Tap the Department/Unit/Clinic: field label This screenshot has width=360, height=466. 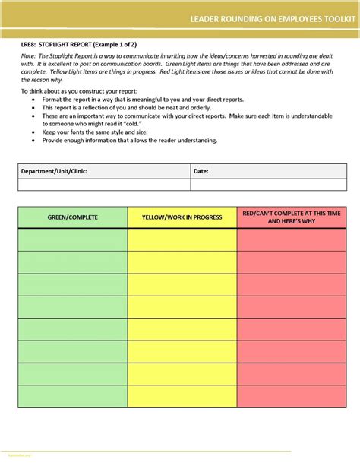(x=54, y=171)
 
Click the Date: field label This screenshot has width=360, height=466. (x=201, y=171)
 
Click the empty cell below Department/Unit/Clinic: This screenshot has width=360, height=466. (x=103, y=184)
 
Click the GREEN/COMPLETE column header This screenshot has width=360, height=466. (x=73, y=217)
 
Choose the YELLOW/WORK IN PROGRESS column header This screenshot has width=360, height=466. (x=182, y=217)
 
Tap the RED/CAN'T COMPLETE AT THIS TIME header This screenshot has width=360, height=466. (x=292, y=217)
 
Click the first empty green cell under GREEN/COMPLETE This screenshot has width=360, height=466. (x=73, y=239)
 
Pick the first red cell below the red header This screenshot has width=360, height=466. (x=292, y=239)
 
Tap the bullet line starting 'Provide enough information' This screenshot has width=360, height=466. (x=129, y=140)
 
